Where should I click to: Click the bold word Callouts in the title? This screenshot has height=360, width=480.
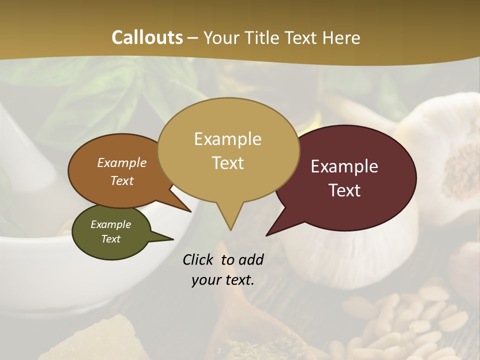[147, 37]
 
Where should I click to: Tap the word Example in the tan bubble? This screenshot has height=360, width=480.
[227, 139]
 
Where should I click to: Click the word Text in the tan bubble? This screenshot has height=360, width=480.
[227, 163]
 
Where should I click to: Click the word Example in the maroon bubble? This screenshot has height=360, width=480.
[344, 166]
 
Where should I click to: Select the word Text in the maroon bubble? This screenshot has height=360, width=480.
[344, 190]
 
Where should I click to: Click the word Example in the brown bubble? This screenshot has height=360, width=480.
[121, 162]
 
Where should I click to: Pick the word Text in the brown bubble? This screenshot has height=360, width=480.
[121, 180]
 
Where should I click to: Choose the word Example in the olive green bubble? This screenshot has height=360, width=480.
[110, 224]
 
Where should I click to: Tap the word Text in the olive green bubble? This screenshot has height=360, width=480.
[110, 239]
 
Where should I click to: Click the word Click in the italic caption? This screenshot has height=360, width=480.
[199, 259]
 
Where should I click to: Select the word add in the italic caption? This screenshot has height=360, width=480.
[250, 259]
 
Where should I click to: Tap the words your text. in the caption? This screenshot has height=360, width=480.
[223, 280]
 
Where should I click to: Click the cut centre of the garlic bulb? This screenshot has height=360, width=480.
[462, 165]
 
